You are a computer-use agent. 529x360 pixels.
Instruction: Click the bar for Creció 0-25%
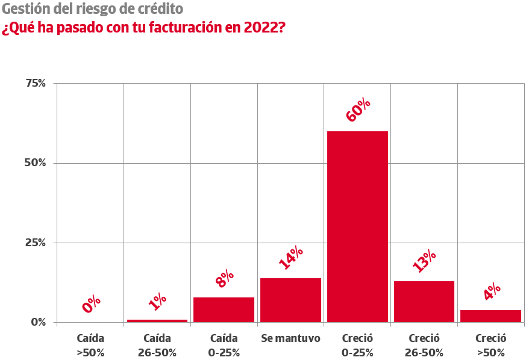point(357,226)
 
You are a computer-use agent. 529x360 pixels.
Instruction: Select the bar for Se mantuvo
point(290,300)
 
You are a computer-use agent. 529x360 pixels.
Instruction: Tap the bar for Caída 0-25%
point(224,309)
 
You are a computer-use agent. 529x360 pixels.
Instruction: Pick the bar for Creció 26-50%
point(424,301)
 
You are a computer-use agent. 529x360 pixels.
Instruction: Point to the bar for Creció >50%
point(490,316)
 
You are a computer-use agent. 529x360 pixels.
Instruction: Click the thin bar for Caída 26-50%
point(157,320)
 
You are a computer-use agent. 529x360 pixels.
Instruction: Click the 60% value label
point(357,110)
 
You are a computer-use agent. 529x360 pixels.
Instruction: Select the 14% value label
point(291,258)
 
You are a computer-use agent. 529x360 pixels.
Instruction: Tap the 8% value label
point(224,279)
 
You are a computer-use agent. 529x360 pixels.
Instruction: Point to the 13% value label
point(424,261)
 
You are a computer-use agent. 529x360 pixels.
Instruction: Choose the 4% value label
point(492,292)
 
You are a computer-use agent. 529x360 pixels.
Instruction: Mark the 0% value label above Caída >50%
point(91,304)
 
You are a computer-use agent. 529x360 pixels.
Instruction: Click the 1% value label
point(157,301)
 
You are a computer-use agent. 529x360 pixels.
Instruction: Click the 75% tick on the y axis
point(36,83)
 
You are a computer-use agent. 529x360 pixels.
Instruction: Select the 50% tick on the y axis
point(36,163)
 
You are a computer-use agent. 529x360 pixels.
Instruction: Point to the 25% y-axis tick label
point(36,243)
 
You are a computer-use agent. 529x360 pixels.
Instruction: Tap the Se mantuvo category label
point(290,338)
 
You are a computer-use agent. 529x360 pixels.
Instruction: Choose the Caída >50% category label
point(90,345)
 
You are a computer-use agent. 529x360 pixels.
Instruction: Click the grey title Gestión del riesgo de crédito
point(93,10)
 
